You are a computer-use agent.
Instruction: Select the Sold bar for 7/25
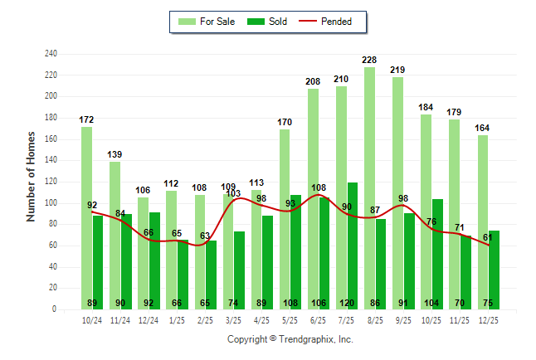point(353,246)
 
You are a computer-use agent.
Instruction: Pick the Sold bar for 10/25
point(437,254)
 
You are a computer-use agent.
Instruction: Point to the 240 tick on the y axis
point(51,54)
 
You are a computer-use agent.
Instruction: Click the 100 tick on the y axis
point(51,203)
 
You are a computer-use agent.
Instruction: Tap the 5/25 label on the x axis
point(290,320)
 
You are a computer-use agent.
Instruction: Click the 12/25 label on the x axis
point(489,320)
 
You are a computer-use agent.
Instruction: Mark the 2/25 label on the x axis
point(205,320)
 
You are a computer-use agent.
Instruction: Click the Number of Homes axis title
point(32,176)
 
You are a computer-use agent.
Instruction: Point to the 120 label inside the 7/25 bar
point(353,303)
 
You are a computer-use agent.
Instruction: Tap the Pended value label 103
point(233,192)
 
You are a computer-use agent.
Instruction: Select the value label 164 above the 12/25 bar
point(483,129)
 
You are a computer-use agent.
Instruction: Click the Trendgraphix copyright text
point(290,339)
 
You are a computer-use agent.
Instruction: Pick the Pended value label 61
point(487,238)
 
